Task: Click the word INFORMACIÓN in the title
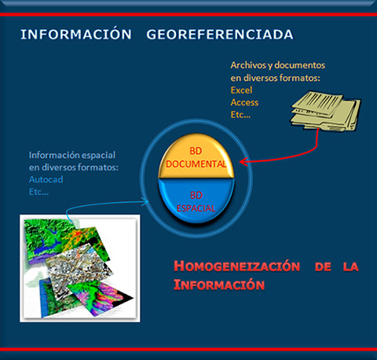[x=76, y=35]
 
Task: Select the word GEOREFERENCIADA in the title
[x=220, y=35]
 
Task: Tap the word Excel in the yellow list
[x=241, y=90]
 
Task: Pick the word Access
[x=244, y=102]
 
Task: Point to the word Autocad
[x=46, y=179]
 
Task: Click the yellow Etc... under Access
[x=240, y=115]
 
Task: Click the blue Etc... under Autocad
[x=38, y=192]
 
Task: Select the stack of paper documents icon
[x=325, y=111]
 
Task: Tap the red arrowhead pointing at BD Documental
[x=243, y=161]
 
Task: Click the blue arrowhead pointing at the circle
[x=145, y=201]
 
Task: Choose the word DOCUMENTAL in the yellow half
[x=196, y=164]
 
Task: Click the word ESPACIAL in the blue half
[x=196, y=208]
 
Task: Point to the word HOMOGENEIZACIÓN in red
[x=237, y=266]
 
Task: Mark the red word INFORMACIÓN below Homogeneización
[x=219, y=285]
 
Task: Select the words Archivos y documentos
[x=278, y=65]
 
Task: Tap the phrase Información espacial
[x=72, y=155]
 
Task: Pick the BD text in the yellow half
[x=196, y=151]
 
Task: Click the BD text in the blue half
[x=196, y=196]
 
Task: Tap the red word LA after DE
[x=351, y=266]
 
